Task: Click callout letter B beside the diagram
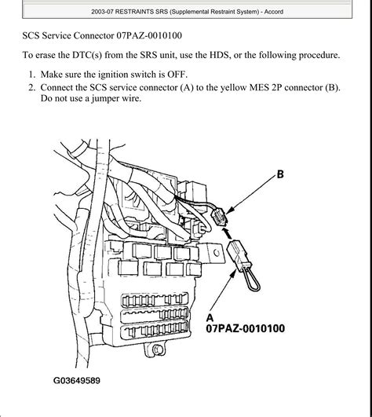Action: click(280, 174)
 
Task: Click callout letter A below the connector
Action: click(210, 318)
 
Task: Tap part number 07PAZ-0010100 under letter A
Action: click(246, 328)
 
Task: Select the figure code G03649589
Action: click(77, 381)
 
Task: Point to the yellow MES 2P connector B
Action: click(220, 217)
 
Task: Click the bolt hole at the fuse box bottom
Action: click(157, 349)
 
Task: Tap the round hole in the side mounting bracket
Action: click(217, 253)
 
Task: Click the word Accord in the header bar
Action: click(274, 12)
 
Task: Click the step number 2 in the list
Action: click(32, 87)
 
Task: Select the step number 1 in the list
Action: click(32, 75)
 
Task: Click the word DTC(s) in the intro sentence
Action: click(87, 55)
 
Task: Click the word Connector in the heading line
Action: click(94, 35)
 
